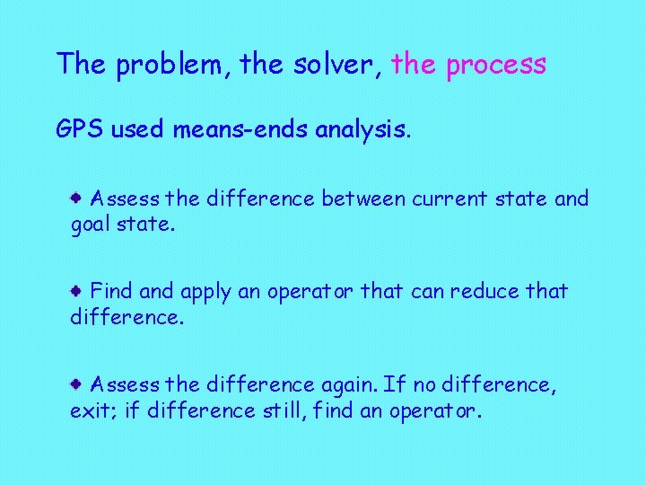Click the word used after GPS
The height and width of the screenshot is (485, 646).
pos(136,129)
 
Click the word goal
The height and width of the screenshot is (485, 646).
pos(92,225)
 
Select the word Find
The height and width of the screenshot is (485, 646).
pos(111,292)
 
